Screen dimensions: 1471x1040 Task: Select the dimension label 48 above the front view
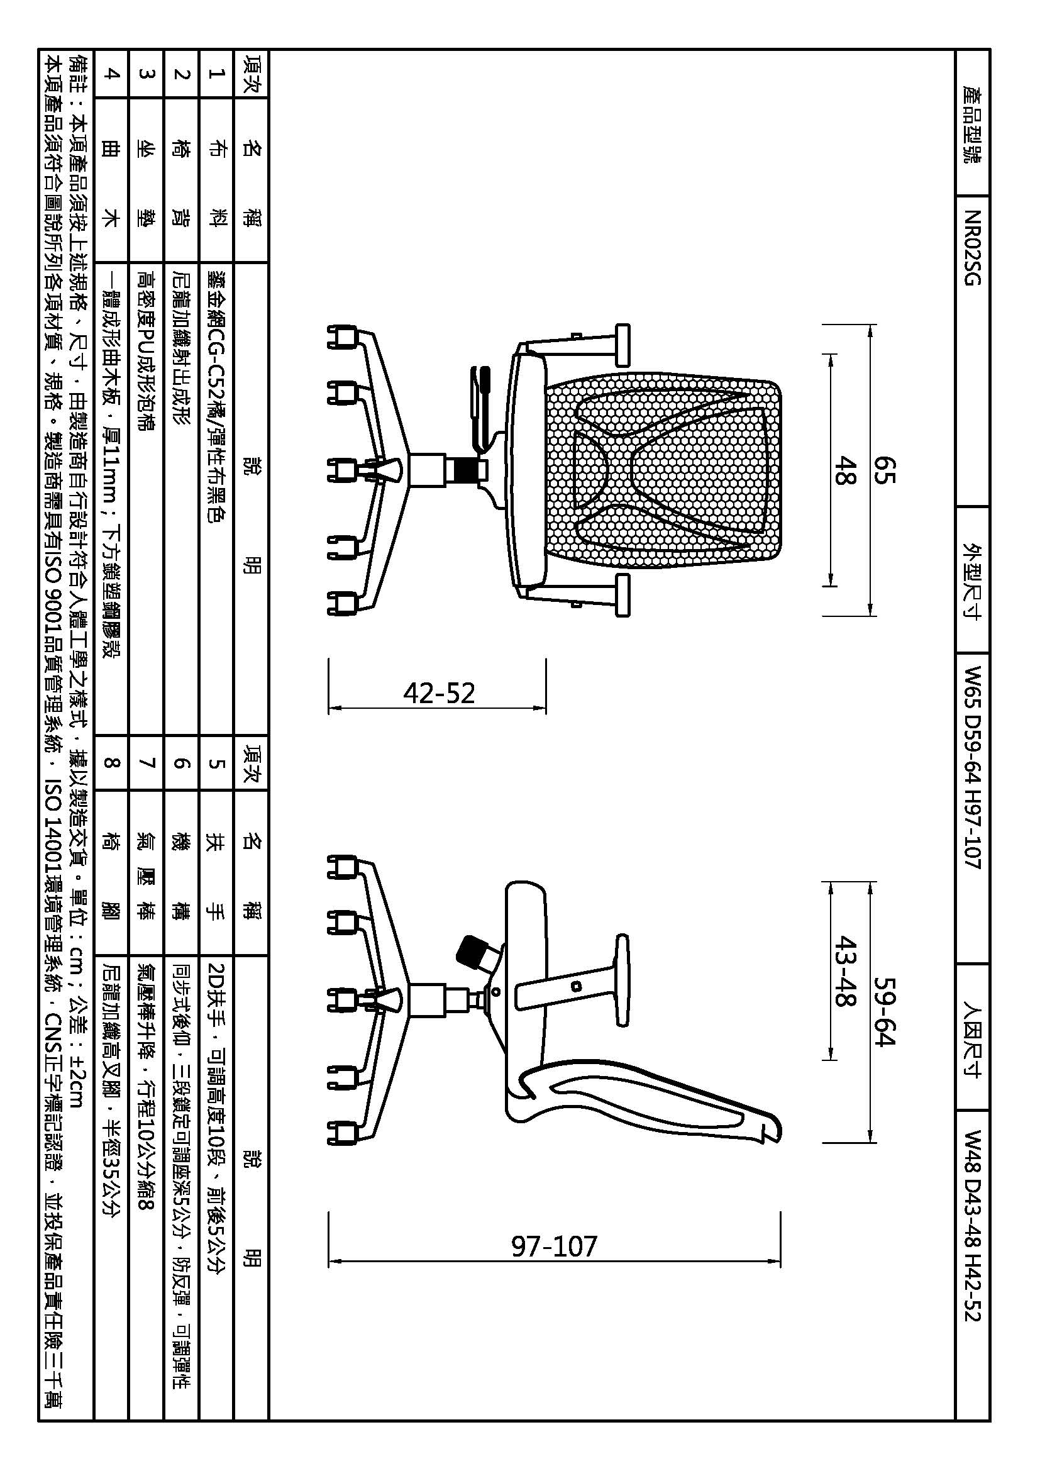point(844,471)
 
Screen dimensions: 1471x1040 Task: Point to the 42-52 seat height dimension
point(439,693)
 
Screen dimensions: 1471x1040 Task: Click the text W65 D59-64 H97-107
point(972,768)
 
